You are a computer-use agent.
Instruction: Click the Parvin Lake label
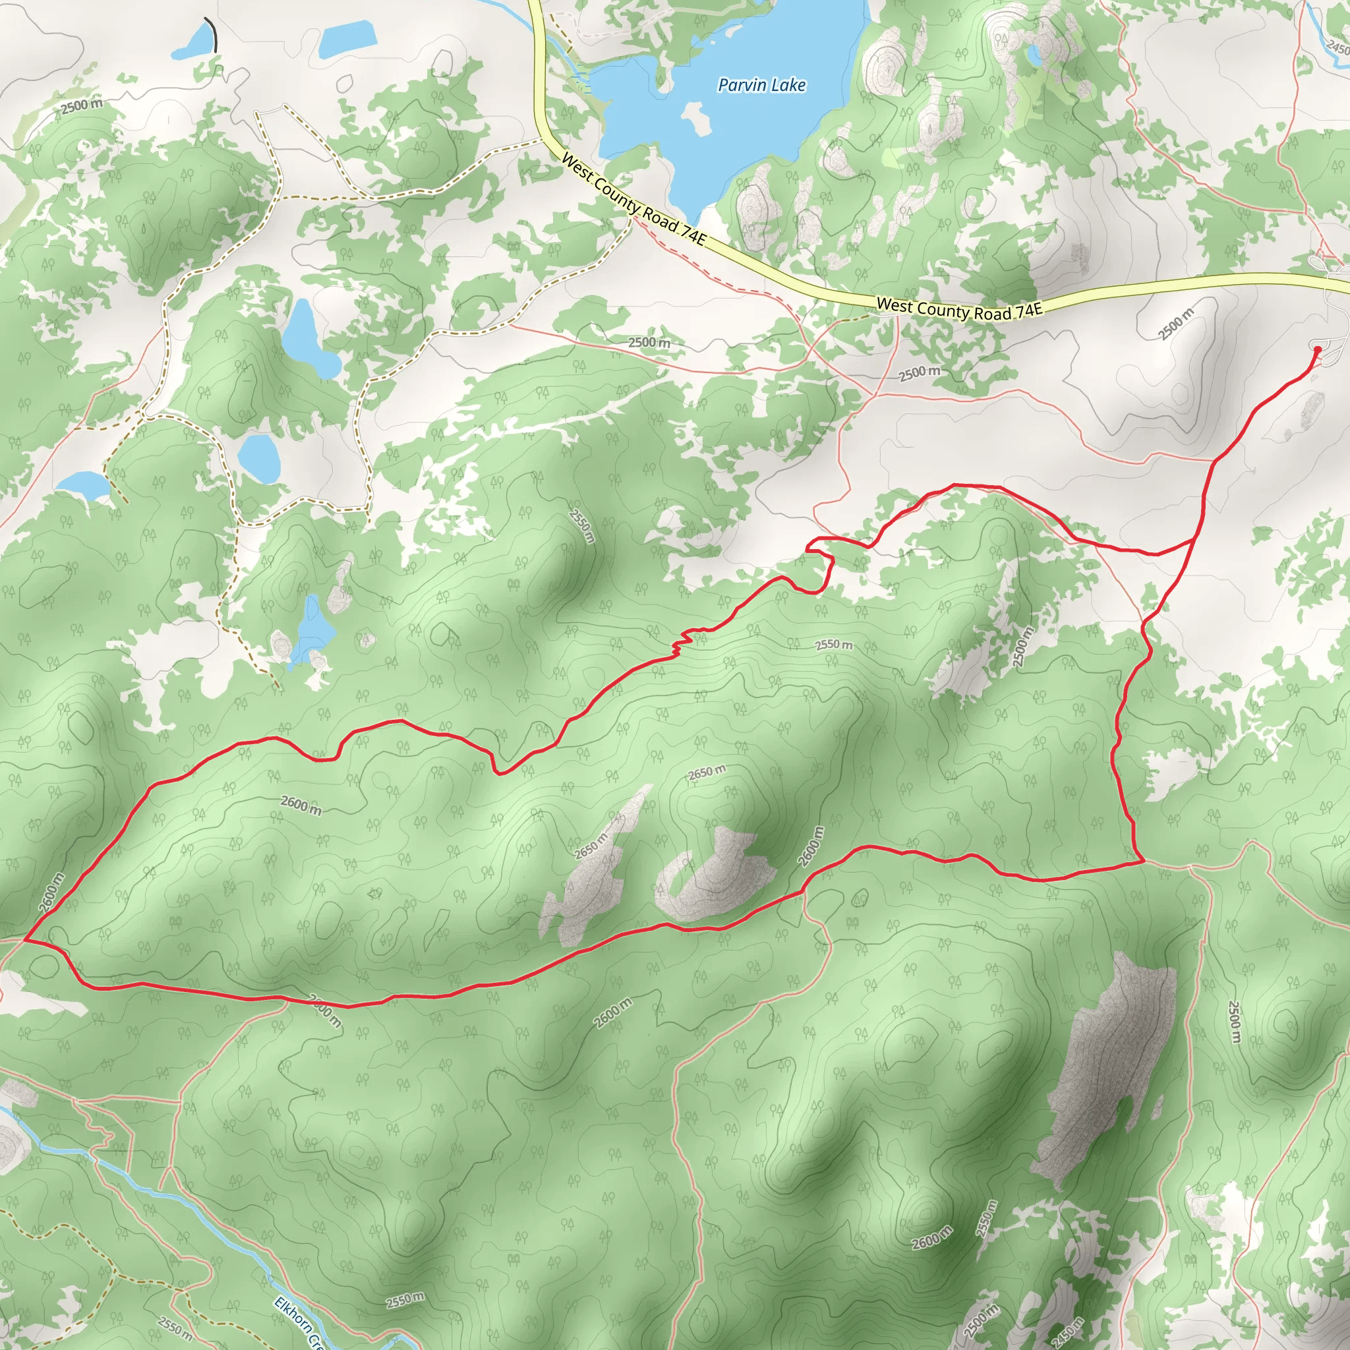click(761, 85)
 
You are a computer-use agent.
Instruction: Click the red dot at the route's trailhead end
click(1317, 349)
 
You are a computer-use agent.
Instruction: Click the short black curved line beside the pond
click(212, 35)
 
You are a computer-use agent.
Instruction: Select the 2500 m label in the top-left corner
click(81, 106)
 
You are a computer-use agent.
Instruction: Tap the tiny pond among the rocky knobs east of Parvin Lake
click(1033, 53)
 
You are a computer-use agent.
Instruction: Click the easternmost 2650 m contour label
click(707, 773)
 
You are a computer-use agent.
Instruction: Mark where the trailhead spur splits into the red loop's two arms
click(1192, 540)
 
